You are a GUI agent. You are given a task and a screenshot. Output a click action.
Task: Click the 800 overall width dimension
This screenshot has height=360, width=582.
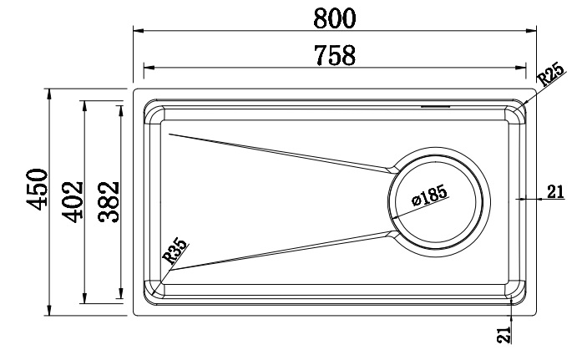335,16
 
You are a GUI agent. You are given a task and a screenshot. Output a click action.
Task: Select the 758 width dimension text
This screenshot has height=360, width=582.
335,54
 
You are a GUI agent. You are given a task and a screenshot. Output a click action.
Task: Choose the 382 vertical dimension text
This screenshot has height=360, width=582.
107,201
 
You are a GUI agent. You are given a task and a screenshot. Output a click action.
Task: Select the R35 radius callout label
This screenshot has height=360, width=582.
175,251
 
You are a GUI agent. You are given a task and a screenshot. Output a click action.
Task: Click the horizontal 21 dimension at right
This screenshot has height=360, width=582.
555,192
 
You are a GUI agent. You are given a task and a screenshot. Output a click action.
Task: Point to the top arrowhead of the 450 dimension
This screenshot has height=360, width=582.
50,91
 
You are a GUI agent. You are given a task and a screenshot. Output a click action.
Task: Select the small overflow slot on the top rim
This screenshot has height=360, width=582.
435,106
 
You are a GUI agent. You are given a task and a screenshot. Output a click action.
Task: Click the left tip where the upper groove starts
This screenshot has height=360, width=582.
170,133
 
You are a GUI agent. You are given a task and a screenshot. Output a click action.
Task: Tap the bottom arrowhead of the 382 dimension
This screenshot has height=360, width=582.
119,298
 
